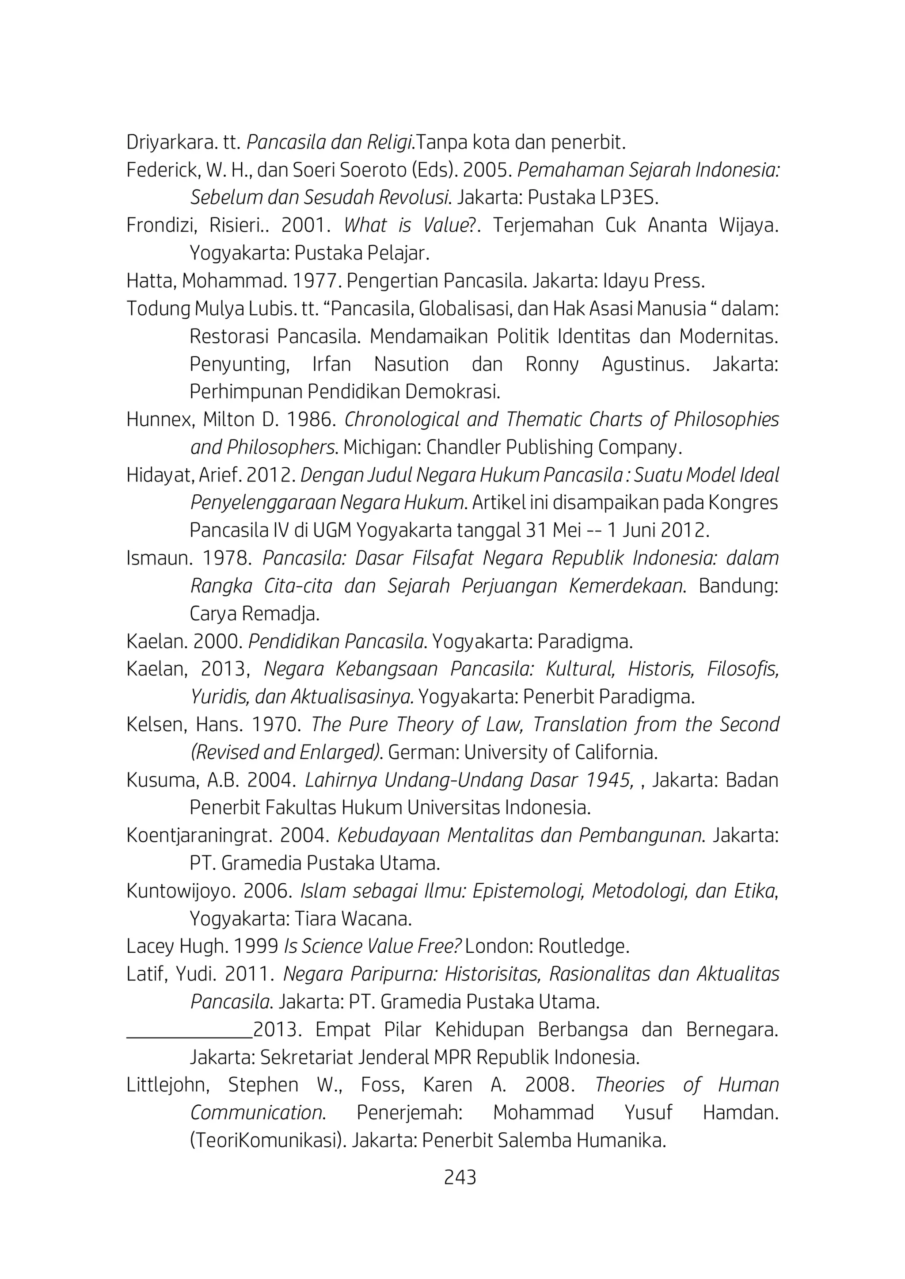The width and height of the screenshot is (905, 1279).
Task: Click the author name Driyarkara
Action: (171, 143)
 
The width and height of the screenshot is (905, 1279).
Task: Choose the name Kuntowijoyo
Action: (177, 891)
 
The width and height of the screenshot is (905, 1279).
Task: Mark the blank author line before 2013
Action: (190, 1031)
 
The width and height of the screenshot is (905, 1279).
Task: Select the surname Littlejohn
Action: (166, 1085)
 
